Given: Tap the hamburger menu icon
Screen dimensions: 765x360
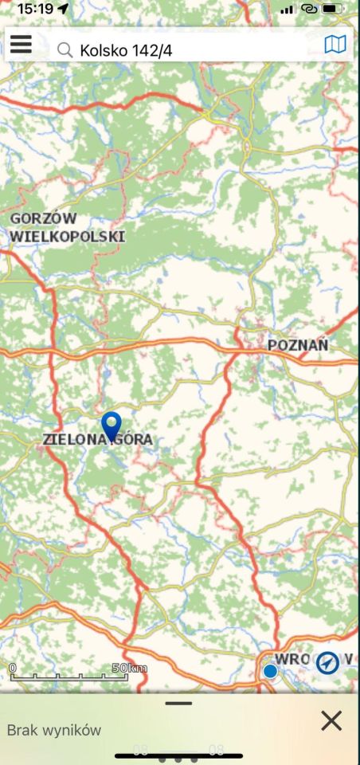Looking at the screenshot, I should click(x=21, y=45).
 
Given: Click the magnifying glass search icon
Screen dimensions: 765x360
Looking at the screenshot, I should click(x=65, y=50).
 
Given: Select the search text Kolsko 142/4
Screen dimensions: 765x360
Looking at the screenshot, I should click(x=126, y=50).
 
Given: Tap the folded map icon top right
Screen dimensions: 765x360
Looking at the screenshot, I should click(x=335, y=45).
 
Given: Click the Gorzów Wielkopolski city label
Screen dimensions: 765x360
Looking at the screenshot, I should click(x=67, y=227).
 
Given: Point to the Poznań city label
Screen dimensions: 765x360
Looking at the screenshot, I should click(x=298, y=345).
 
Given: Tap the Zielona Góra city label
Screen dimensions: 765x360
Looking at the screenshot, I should click(x=97, y=439).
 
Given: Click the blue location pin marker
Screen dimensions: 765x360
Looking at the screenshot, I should click(x=112, y=424).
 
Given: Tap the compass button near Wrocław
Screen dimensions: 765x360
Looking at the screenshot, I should click(x=327, y=662).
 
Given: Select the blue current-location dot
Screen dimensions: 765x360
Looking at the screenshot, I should click(x=270, y=671).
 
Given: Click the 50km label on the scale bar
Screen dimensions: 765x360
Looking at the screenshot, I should click(x=130, y=667).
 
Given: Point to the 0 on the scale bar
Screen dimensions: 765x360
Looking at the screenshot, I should click(x=13, y=667).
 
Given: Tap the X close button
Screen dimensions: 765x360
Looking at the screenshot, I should click(x=331, y=720).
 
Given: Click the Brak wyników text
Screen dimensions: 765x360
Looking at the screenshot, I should click(x=53, y=729).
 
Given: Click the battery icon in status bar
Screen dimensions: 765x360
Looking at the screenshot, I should click(x=332, y=9).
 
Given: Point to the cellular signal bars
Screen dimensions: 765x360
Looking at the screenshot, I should click(x=287, y=9).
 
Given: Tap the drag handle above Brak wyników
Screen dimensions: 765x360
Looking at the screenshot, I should click(x=179, y=703).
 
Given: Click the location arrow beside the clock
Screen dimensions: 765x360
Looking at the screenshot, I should click(x=64, y=9).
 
